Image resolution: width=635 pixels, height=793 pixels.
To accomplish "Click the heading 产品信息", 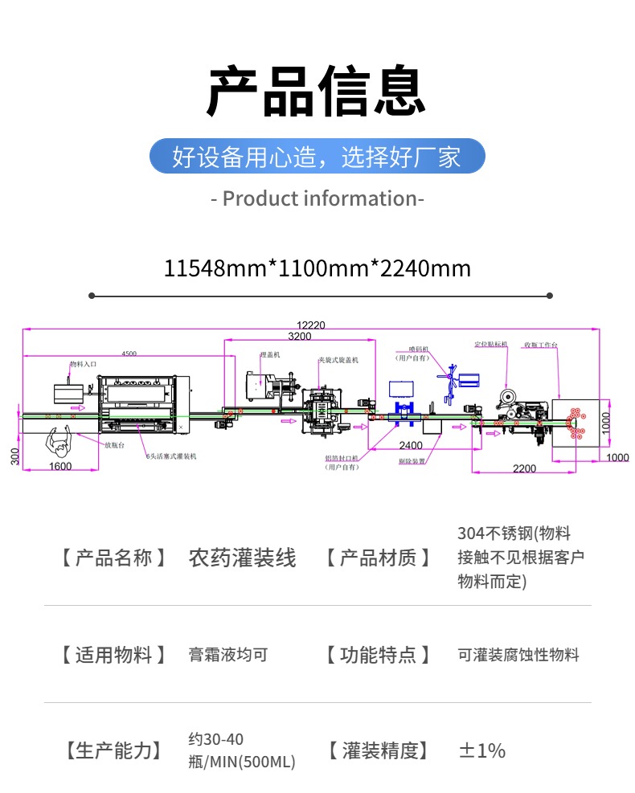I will [x=317, y=92].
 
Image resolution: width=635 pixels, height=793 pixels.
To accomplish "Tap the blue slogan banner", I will [x=317, y=157].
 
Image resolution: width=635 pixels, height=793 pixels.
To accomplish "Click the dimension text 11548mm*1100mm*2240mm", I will [x=317, y=268].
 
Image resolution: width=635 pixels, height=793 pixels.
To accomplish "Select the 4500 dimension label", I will [x=129, y=353].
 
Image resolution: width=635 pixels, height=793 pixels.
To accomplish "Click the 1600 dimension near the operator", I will [x=59, y=466].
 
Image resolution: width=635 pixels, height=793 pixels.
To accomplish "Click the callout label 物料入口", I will [x=82, y=364].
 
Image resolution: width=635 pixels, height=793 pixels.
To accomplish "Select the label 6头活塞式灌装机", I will [x=171, y=456].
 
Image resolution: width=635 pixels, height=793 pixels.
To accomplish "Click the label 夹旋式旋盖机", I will [x=338, y=361].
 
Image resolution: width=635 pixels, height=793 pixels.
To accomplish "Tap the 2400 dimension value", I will [x=410, y=445].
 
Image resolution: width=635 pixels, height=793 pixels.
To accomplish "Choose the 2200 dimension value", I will [x=524, y=468].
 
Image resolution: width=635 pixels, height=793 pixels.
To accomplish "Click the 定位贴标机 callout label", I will [x=491, y=344].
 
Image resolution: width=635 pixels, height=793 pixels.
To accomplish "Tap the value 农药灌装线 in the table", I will [x=242, y=558].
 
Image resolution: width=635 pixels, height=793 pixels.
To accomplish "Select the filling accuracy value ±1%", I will [x=481, y=751].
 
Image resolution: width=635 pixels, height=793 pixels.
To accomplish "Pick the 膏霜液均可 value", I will [x=227, y=655].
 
